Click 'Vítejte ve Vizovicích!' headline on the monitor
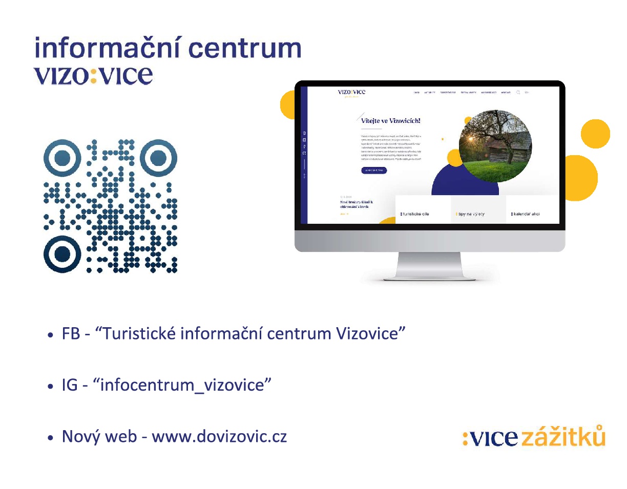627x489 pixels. coord(391,121)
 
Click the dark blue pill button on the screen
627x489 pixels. coord(374,171)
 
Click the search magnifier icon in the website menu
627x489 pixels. coord(518,93)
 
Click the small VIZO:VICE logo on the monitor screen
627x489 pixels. coord(351,92)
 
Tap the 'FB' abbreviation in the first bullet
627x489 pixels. coord(70,334)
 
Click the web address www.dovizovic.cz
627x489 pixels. coord(219,437)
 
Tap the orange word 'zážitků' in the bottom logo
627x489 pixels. coord(563,437)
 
